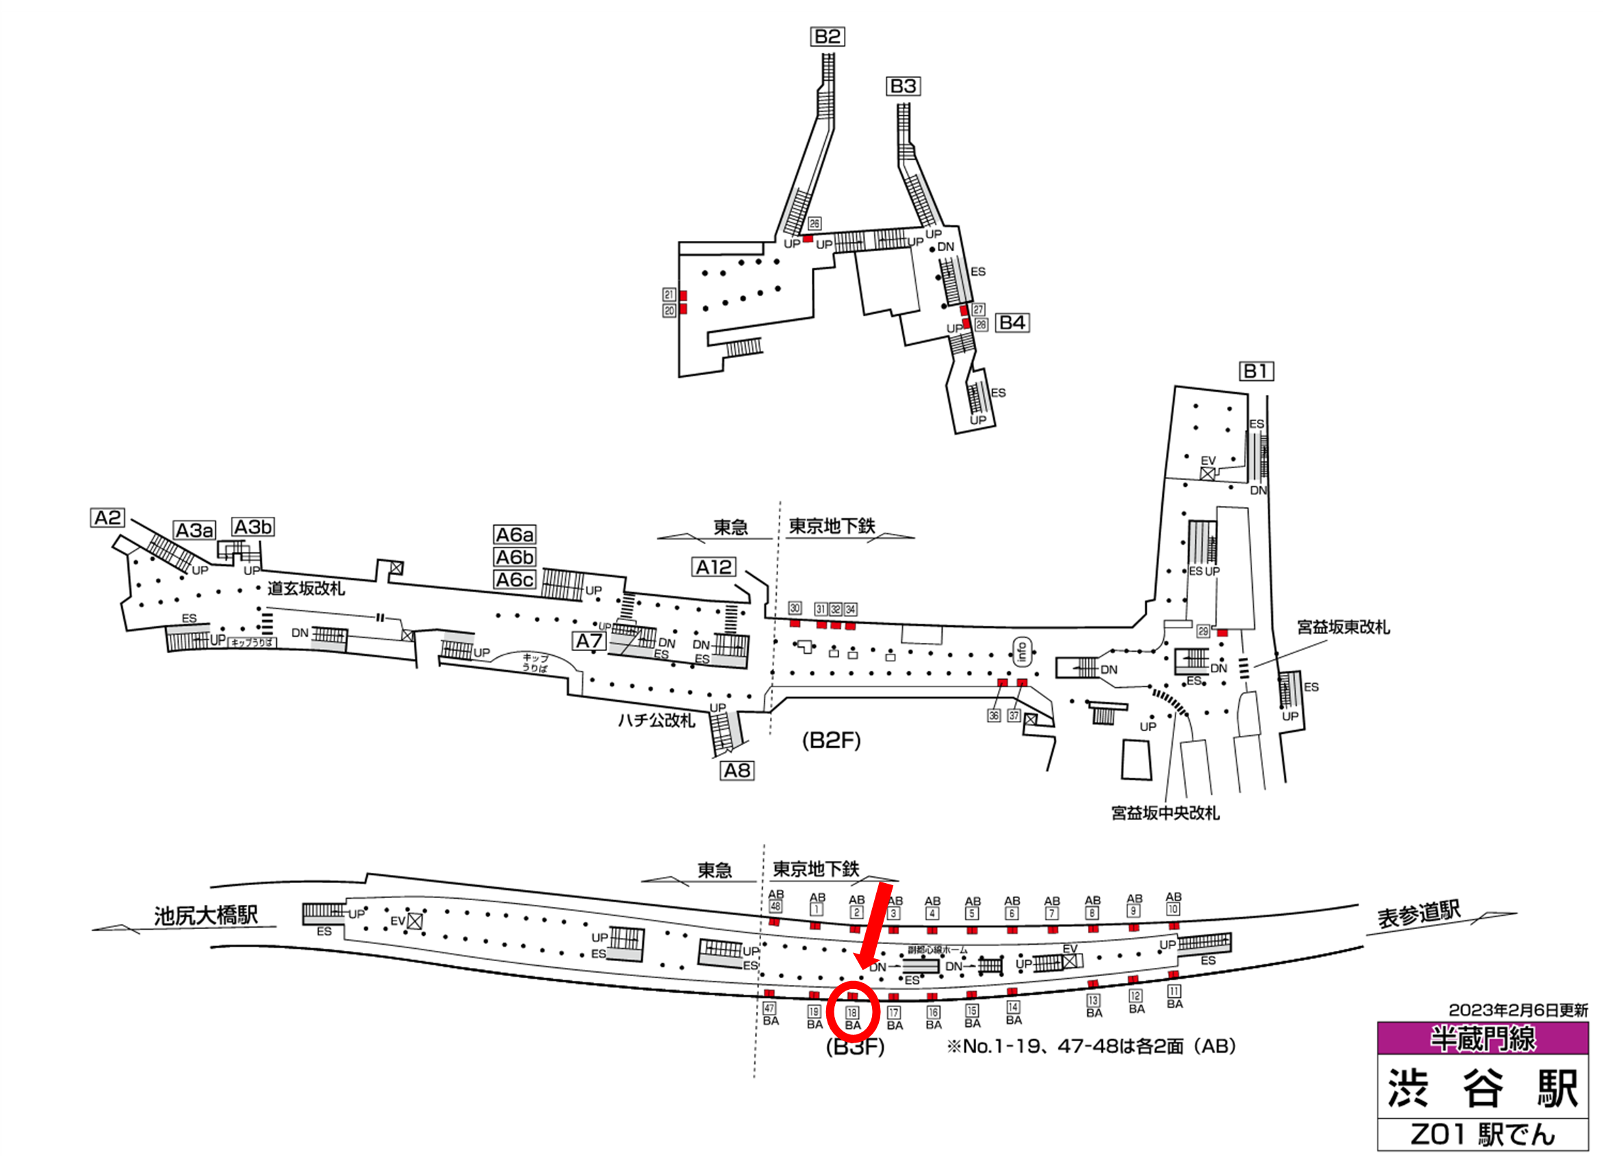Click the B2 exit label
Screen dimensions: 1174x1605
[x=827, y=36]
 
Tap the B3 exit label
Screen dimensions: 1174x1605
[x=903, y=86]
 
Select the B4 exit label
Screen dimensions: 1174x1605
[x=1012, y=322]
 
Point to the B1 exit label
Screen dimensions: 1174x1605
[x=1256, y=371]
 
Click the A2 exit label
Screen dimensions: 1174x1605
[x=108, y=518]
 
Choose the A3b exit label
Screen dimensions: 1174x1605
[x=253, y=527]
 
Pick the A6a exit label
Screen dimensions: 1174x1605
[x=515, y=535]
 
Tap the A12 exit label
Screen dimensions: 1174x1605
[x=714, y=567]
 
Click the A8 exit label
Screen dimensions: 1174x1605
[x=736, y=770]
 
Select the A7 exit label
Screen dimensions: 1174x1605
[x=590, y=641]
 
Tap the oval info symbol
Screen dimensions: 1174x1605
[x=1022, y=651]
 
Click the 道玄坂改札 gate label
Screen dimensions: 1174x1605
[x=306, y=589]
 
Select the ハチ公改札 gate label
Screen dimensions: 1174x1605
[x=656, y=721]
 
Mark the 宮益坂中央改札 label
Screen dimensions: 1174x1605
[x=1165, y=813]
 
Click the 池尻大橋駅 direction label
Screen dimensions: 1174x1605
[x=206, y=915]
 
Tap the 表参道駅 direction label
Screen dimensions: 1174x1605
[x=1419, y=914]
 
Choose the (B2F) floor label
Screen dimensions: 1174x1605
[x=831, y=741]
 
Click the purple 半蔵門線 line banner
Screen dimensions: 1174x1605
[x=1482, y=1038]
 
